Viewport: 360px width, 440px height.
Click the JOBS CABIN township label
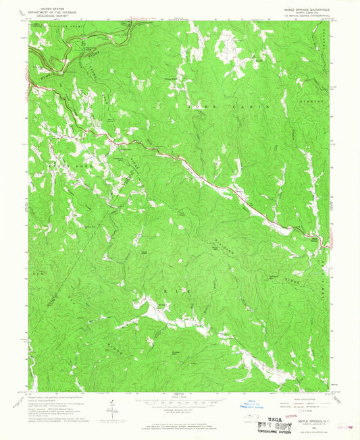(x=244, y=107)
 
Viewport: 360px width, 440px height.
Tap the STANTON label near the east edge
(x=311, y=101)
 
